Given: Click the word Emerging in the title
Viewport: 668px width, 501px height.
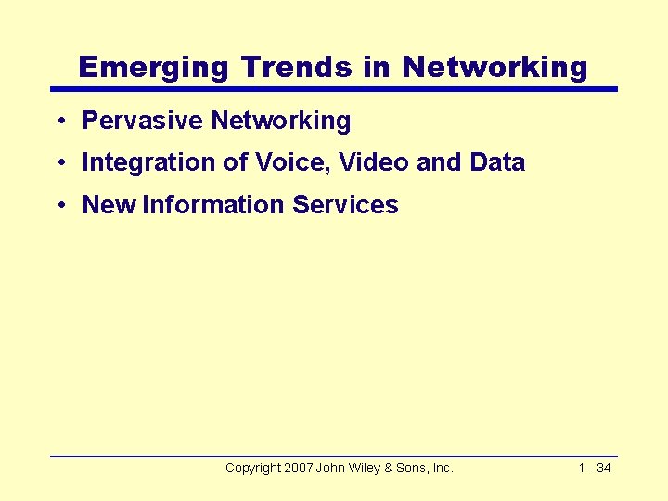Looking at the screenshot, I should (x=154, y=67).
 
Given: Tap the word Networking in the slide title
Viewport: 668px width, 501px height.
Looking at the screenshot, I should (x=495, y=67).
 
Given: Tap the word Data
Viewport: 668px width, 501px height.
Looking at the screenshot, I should (x=497, y=162).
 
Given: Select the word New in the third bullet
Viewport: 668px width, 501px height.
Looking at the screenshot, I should (x=109, y=205).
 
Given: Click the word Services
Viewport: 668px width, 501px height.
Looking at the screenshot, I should (x=345, y=205).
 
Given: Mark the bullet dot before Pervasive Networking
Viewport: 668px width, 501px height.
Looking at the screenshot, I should (x=58, y=122).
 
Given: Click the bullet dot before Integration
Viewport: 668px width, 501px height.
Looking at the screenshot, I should (x=58, y=163).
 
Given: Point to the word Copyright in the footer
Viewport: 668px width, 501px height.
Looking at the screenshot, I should (x=252, y=469).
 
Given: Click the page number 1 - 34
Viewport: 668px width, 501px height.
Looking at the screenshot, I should (x=594, y=469).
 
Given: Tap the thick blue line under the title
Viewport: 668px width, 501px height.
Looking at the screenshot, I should (x=334, y=89).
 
